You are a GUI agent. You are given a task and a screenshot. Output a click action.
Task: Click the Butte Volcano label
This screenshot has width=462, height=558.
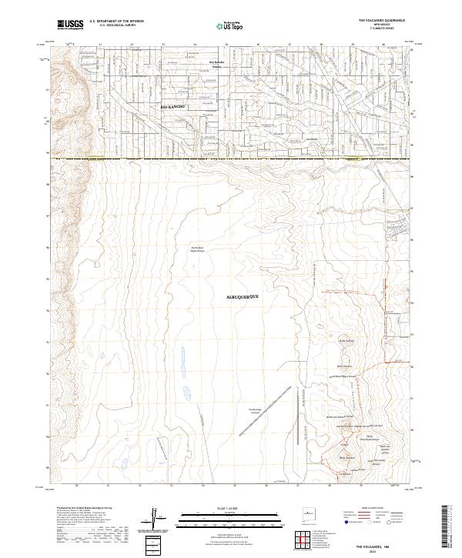pos(346,339)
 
